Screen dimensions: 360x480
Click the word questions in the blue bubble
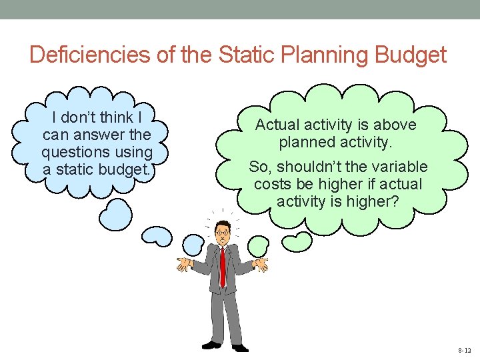click(x=73, y=152)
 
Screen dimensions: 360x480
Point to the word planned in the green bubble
click(x=306, y=142)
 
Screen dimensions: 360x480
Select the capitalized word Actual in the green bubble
click(x=277, y=125)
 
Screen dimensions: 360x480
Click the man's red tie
click(x=223, y=267)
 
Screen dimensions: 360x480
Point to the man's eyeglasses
click(x=222, y=232)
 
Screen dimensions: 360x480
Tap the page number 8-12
click(x=464, y=350)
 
